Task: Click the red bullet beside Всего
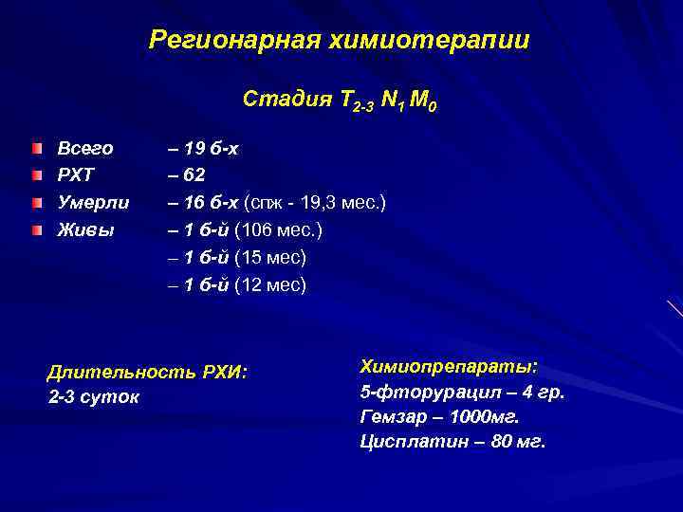[x=37, y=149]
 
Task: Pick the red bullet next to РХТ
[x=37, y=175]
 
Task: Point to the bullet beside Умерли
[x=37, y=203]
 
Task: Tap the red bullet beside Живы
[x=37, y=230]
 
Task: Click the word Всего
[x=85, y=149]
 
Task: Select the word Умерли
[x=94, y=203]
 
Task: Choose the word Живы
[x=83, y=230]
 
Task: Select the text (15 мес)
[x=270, y=258]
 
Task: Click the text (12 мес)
[x=270, y=285]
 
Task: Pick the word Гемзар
[x=390, y=417]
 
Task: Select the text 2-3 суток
[x=93, y=397]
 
